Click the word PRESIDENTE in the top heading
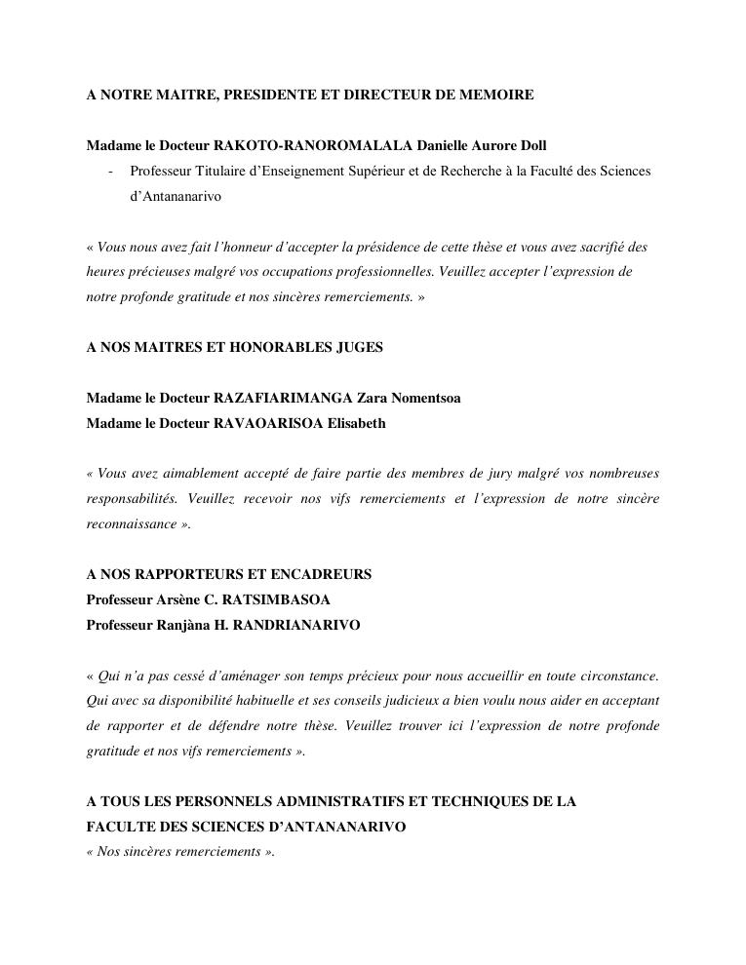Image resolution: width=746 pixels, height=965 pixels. click(x=270, y=95)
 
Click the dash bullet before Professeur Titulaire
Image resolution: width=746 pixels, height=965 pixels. click(x=110, y=172)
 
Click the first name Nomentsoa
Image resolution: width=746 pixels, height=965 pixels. click(x=420, y=398)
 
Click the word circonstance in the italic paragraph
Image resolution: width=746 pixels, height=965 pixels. click(x=615, y=675)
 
